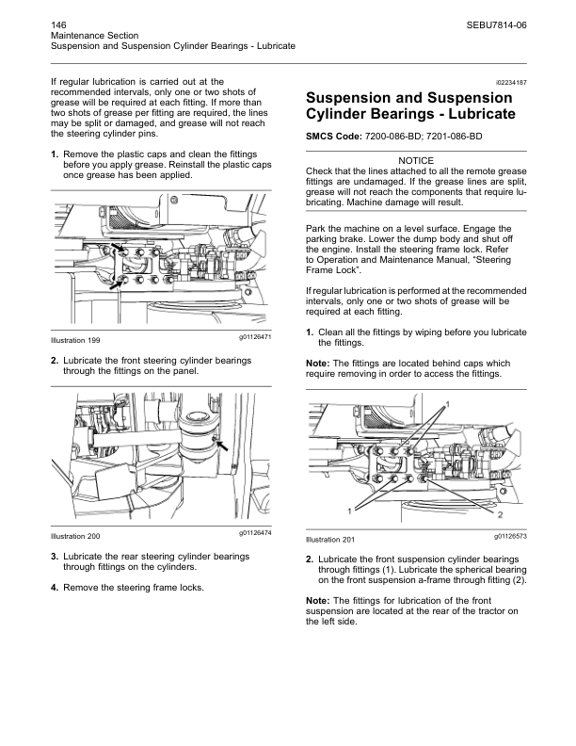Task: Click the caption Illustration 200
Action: click(74, 536)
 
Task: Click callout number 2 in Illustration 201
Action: click(500, 516)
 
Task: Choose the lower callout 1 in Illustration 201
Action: click(349, 510)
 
